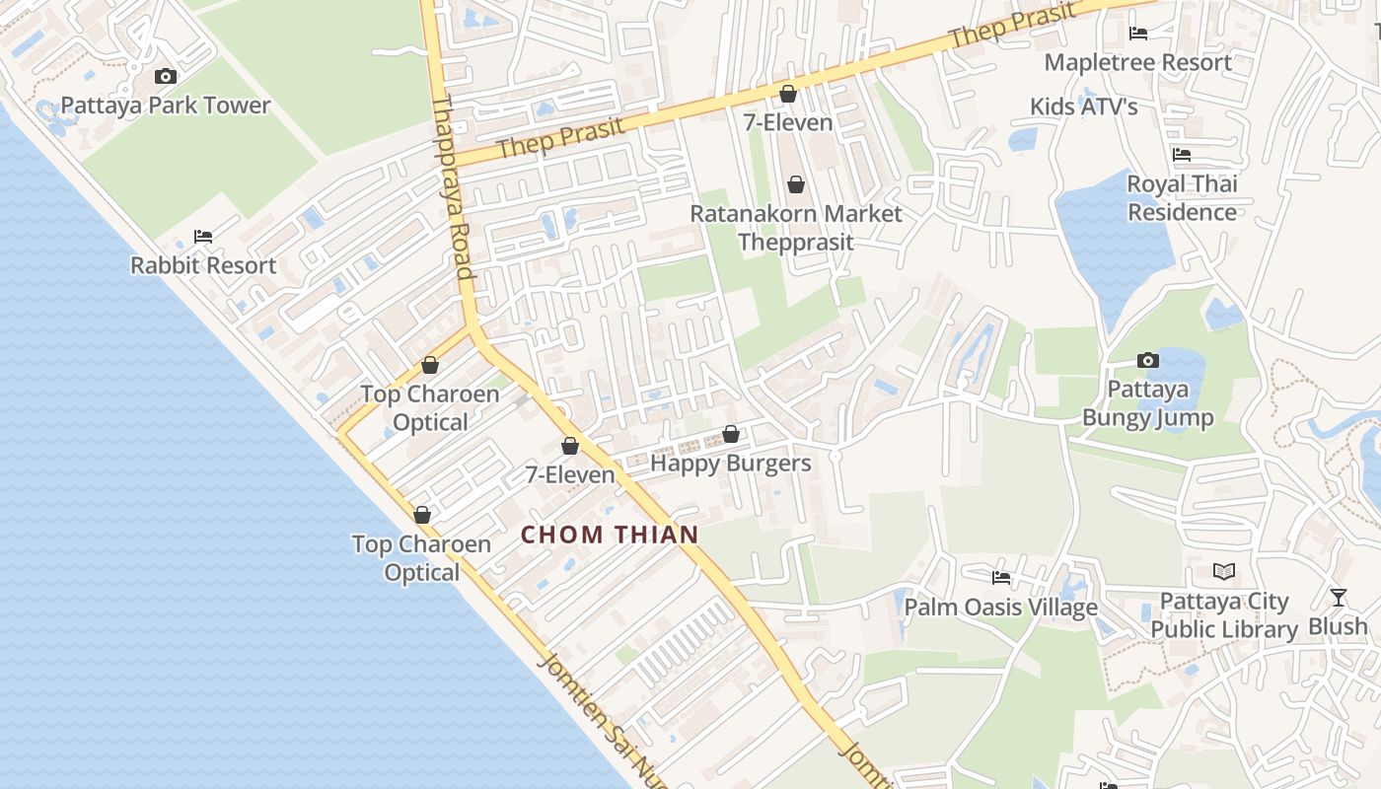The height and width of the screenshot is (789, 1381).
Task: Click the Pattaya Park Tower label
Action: (x=166, y=106)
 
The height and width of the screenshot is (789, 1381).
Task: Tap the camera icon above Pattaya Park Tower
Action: (x=166, y=76)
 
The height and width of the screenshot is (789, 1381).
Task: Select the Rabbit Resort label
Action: (x=203, y=265)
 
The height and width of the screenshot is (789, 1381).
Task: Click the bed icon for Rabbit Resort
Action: (x=203, y=237)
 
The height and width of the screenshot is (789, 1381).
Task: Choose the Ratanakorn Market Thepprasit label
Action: (x=795, y=228)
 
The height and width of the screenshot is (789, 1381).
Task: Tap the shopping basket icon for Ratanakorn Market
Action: (x=795, y=184)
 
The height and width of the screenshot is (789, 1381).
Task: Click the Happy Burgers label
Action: (x=730, y=464)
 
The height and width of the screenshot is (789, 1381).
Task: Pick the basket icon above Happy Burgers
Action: (x=731, y=434)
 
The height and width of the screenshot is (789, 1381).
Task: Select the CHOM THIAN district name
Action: (x=610, y=535)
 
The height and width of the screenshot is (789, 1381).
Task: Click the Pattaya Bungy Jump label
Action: (x=1147, y=403)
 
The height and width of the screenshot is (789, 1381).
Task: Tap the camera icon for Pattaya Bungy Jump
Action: (x=1147, y=360)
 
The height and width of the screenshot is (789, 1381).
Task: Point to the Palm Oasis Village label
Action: (x=1000, y=607)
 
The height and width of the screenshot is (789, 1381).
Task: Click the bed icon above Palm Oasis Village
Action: (x=1001, y=577)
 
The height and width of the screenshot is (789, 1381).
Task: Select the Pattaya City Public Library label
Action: (x=1224, y=615)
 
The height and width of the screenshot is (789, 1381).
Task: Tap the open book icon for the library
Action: (x=1224, y=571)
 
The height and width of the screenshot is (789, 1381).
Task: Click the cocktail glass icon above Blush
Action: (x=1338, y=597)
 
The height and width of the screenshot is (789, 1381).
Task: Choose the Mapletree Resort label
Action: (x=1137, y=62)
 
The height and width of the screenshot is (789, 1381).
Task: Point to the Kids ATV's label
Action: (x=1083, y=107)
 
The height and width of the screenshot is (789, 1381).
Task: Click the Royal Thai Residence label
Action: (x=1182, y=198)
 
